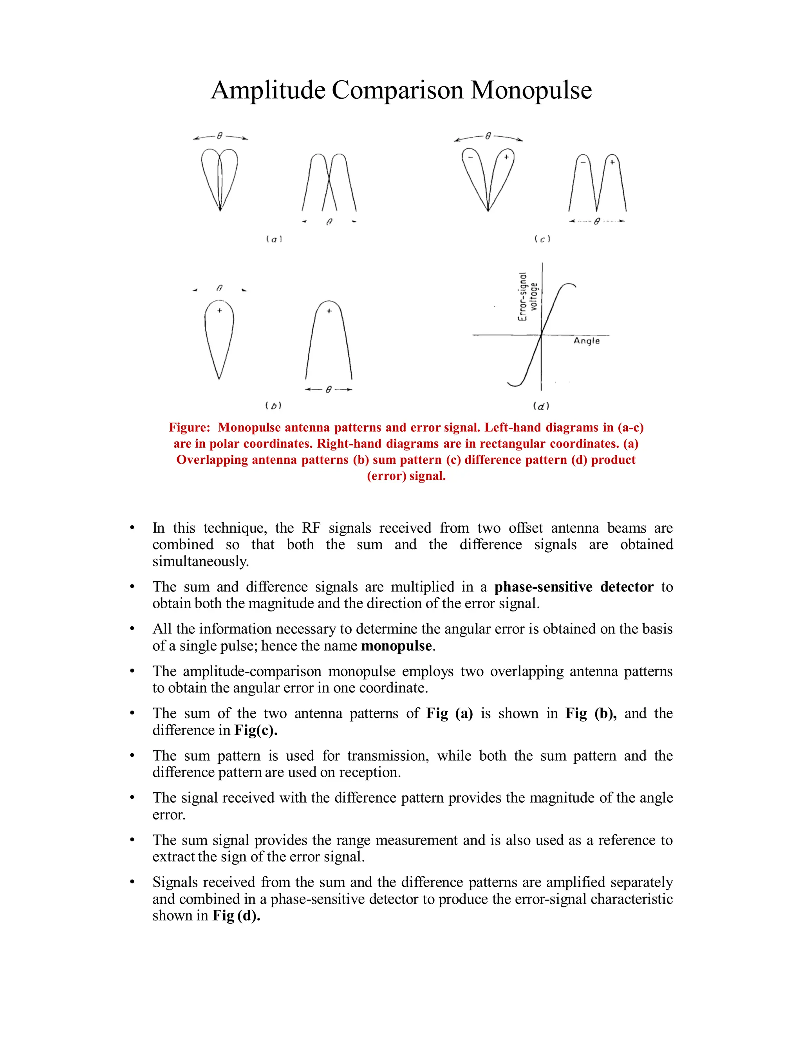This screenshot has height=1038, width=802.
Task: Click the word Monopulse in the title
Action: pos(531,90)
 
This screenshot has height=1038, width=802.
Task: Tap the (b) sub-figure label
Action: pos(273,405)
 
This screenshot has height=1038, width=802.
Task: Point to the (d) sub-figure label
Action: pos(541,406)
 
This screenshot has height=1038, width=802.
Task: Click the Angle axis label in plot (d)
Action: pos(586,341)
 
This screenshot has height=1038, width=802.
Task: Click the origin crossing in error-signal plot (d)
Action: pos(542,335)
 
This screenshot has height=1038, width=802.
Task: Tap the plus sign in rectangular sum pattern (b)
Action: pos(329,311)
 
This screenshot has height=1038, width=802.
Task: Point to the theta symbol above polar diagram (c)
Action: pos(488,136)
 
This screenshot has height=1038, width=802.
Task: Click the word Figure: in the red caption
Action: pos(190,427)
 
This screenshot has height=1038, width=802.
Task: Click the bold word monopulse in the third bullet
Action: pos(396,646)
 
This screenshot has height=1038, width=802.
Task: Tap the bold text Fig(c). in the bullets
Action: pos(256,730)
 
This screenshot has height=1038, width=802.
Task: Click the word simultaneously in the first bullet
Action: pos(200,561)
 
